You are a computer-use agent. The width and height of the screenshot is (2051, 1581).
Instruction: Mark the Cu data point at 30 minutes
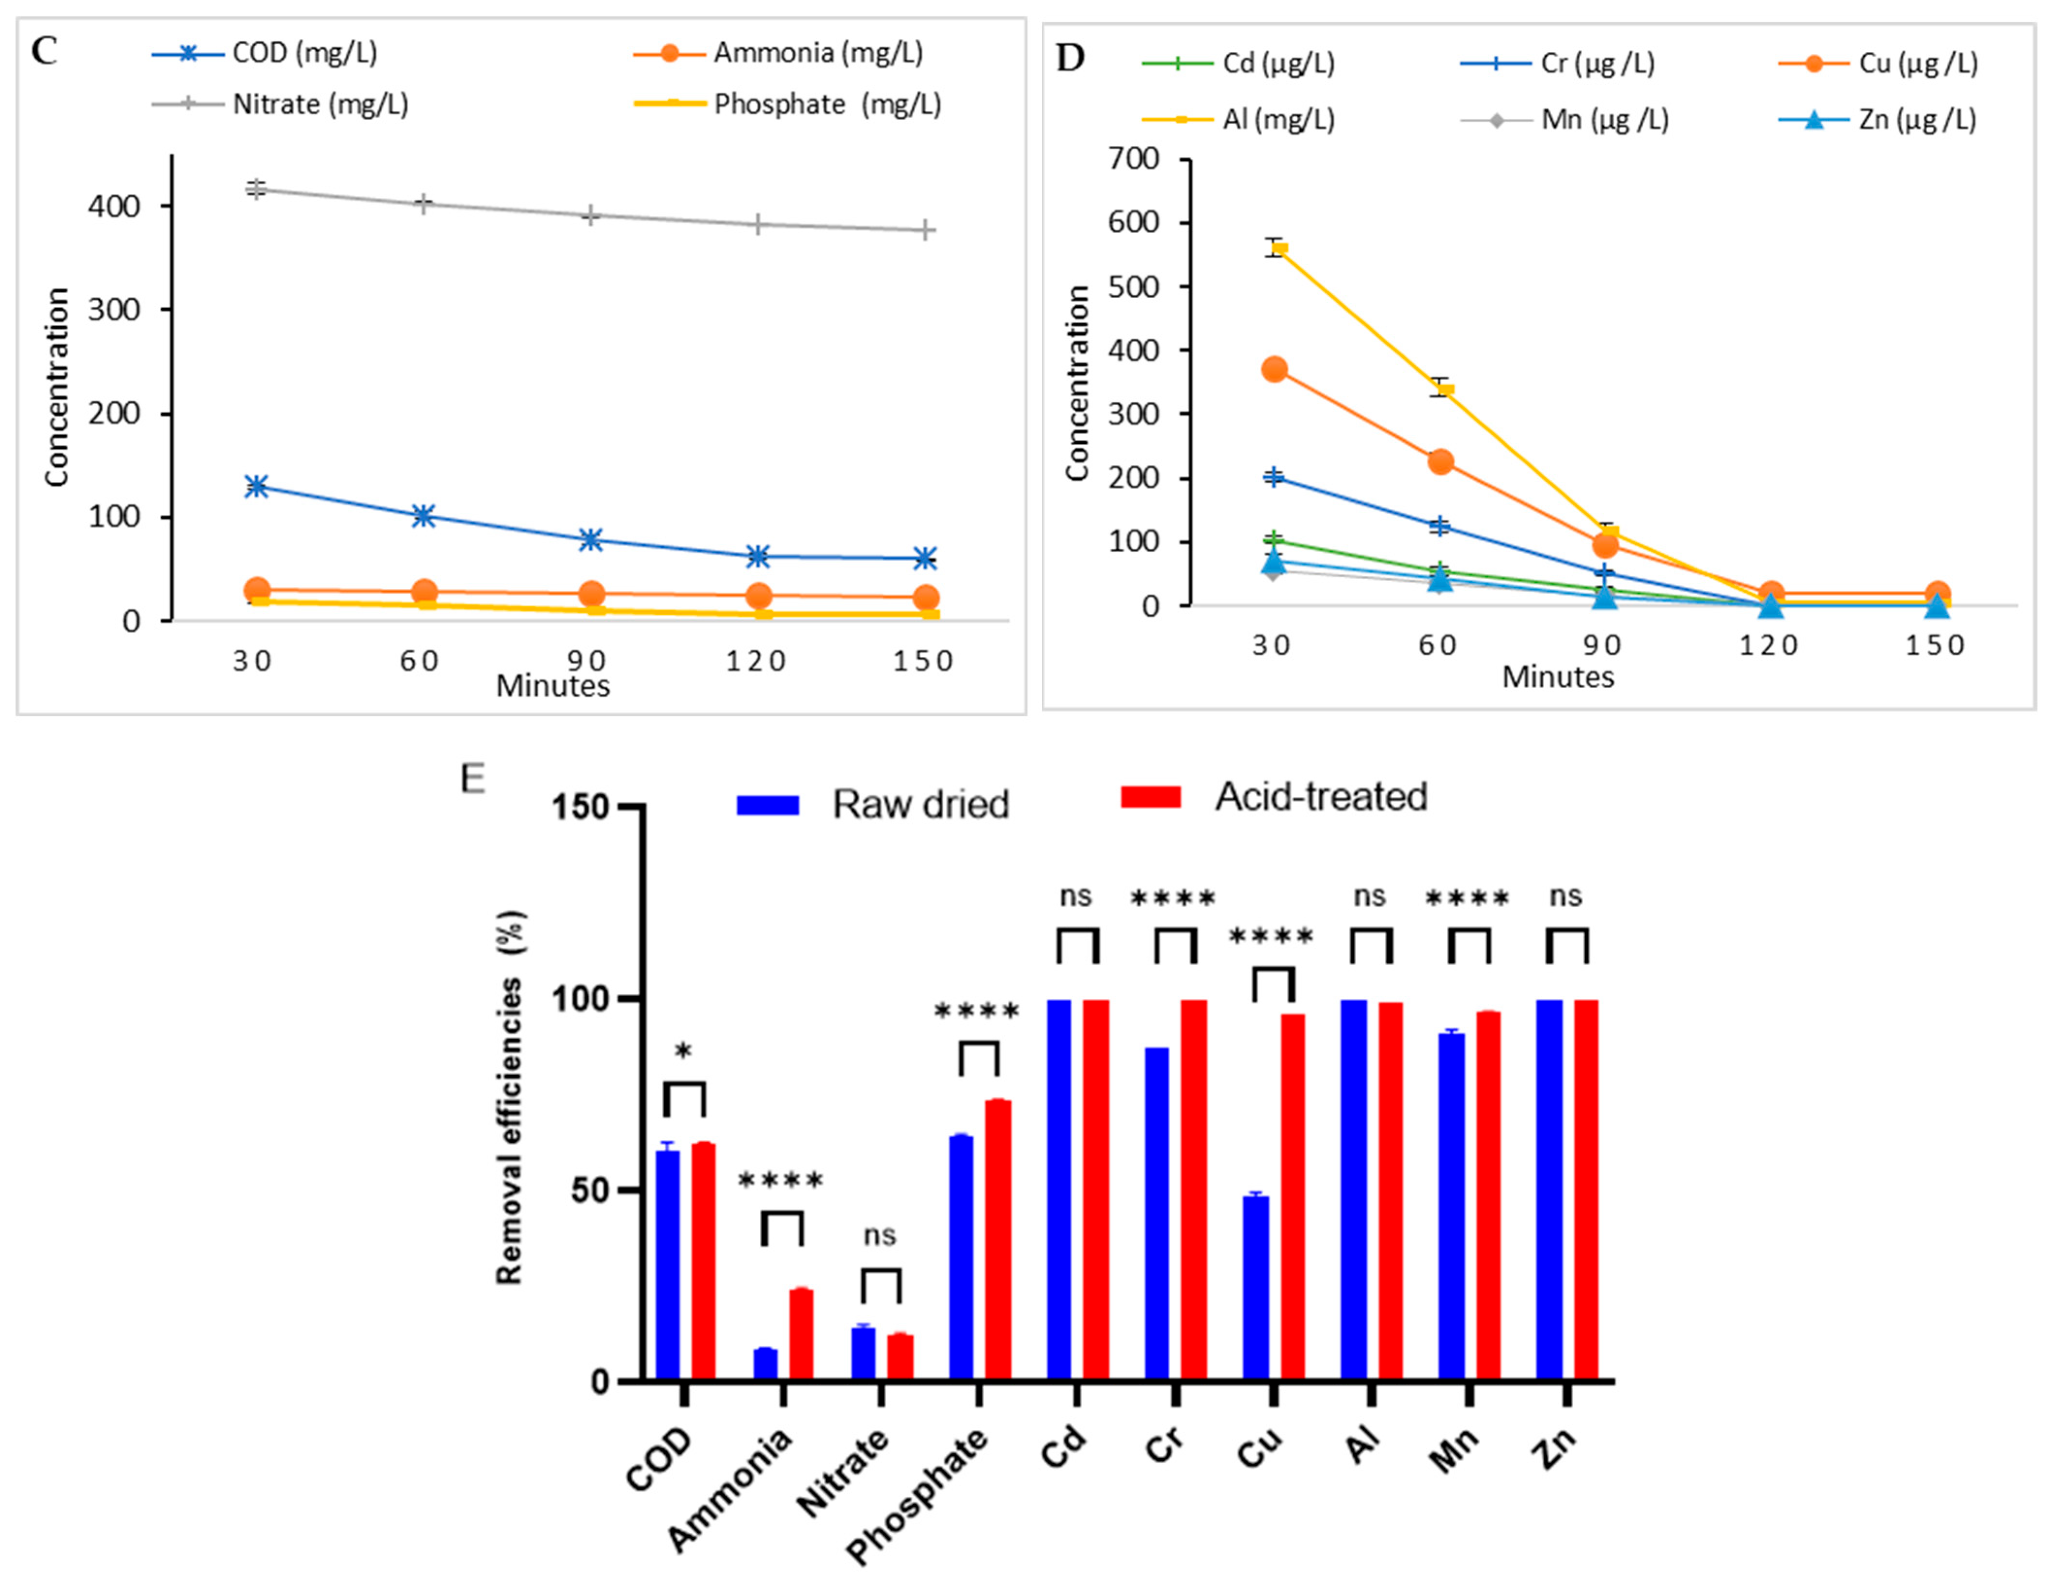point(1274,369)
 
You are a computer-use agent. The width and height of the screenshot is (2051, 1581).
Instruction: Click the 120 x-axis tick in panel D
point(1769,646)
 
